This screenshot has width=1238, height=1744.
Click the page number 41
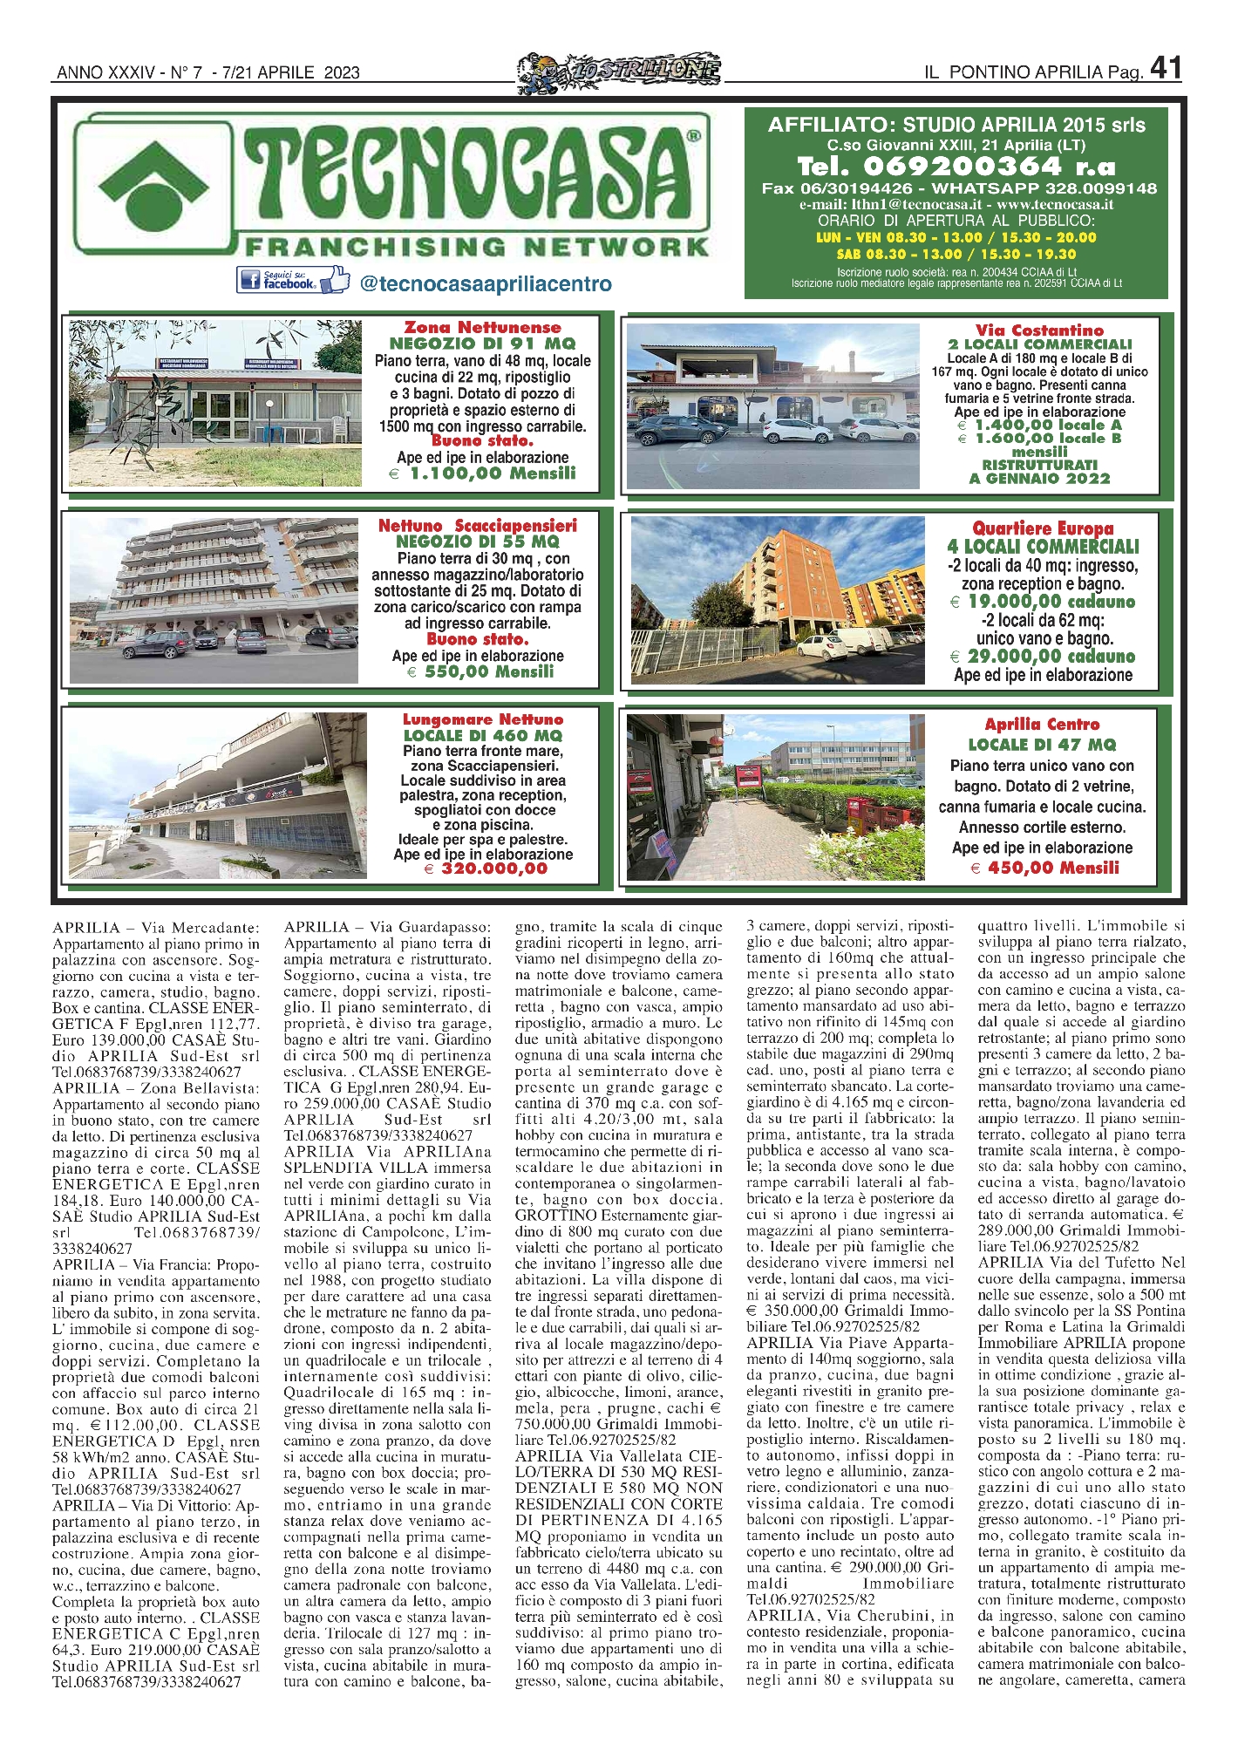pyautogui.click(x=1166, y=68)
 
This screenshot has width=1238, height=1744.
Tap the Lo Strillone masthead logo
pyautogui.click(x=619, y=70)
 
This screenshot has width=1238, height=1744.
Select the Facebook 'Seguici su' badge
pyautogui.click(x=292, y=281)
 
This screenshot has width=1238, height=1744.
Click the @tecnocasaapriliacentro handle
pyautogui.click(x=485, y=284)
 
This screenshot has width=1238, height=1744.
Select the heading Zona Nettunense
pyautogui.click(x=482, y=328)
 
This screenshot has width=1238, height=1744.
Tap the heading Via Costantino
pyautogui.click(x=1039, y=330)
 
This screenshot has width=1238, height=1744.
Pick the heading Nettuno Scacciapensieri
pyautogui.click(x=478, y=526)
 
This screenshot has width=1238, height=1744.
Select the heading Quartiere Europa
pyautogui.click(x=1043, y=528)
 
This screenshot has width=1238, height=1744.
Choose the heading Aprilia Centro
pyautogui.click(x=1042, y=725)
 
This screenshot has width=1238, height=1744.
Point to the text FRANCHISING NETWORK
pyautogui.click(x=477, y=248)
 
